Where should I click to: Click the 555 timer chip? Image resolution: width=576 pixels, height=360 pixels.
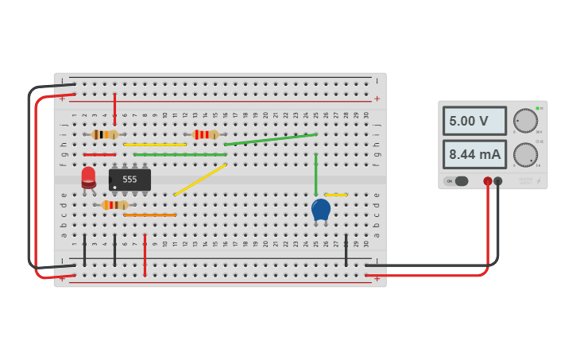(x=130, y=180)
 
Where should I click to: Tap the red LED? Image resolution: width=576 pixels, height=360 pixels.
(x=88, y=177)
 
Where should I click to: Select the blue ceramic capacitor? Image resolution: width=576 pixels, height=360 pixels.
(x=320, y=210)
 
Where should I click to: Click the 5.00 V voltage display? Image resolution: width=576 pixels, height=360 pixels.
(x=474, y=121)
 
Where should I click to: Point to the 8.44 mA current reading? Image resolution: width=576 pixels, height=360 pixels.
(x=474, y=154)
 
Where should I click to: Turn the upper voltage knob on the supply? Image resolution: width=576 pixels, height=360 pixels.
(x=525, y=121)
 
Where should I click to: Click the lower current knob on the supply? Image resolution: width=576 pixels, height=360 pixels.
(x=525, y=154)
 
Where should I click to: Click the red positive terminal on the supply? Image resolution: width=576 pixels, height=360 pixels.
(x=488, y=181)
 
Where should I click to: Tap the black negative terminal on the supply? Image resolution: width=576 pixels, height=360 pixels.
(x=498, y=181)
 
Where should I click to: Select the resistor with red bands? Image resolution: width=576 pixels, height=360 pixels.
(x=205, y=134)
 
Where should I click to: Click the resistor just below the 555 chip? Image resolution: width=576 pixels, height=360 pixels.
(x=114, y=205)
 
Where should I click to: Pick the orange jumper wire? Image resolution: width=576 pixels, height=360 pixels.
(x=149, y=215)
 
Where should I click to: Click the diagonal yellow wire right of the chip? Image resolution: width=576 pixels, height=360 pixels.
(x=200, y=180)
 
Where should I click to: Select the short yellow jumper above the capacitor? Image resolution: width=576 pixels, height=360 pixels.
(x=336, y=195)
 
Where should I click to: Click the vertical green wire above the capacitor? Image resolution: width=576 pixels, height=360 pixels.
(x=315, y=175)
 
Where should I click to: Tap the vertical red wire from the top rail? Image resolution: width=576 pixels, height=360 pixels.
(x=114, y=109)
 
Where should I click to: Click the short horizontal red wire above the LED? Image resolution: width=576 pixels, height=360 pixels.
(x=99, y=154)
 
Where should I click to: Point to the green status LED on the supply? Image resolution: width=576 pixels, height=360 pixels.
(x=537, y=108)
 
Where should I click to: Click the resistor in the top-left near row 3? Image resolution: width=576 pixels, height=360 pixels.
(x=104, y=134)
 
